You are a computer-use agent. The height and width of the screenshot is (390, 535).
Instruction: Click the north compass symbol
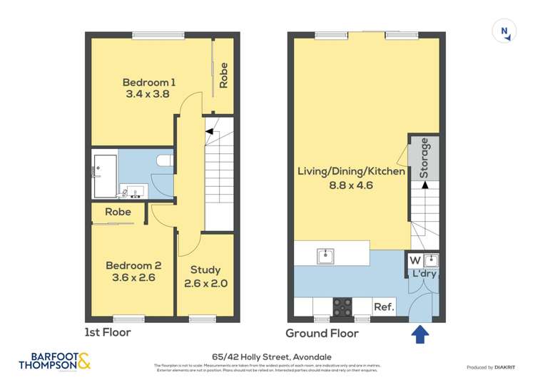click(x=504, y=31)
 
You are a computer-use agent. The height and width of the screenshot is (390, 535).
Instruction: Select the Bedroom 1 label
click(x=148, y=82)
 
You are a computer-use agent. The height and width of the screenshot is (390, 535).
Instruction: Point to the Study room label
click(x=205, y=270)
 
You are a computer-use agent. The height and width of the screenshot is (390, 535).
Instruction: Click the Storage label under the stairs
click(x=424, y=158)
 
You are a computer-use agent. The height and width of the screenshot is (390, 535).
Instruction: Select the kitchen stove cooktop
click(x=342, y=306)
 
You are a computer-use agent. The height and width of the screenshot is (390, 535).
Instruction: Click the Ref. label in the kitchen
click(x=384, y=307)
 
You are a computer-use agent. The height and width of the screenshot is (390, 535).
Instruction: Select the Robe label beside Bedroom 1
click(x=223, y=76)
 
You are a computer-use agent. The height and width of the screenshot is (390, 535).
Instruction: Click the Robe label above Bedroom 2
click(x=118, y=212)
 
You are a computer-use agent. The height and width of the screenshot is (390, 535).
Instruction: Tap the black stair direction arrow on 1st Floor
click(x=210, y=130)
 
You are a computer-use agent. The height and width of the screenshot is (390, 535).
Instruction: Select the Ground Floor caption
click(x=322, y=333)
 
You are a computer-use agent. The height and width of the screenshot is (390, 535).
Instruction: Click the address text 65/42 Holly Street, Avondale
click(x=267, y=356)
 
